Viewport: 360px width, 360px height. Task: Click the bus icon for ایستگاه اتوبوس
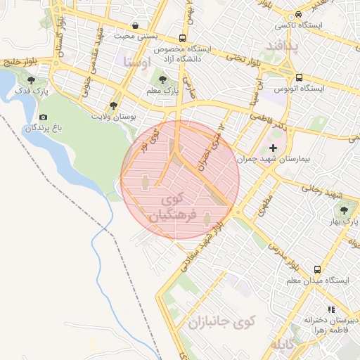(x=300, y=77)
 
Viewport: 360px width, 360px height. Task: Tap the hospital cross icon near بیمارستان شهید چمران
(x=273, y=148)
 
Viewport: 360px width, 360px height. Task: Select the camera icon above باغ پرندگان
(x=43, y=117)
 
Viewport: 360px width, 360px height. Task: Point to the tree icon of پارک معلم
(x=163, y=80)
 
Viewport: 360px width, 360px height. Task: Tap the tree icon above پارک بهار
(x=344, y=210)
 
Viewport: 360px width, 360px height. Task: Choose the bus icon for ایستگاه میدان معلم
(x=318, y=269)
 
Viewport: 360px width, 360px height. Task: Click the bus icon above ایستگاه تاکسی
(x=299, y=14)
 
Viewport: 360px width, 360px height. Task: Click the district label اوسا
(x=136, y=63)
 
